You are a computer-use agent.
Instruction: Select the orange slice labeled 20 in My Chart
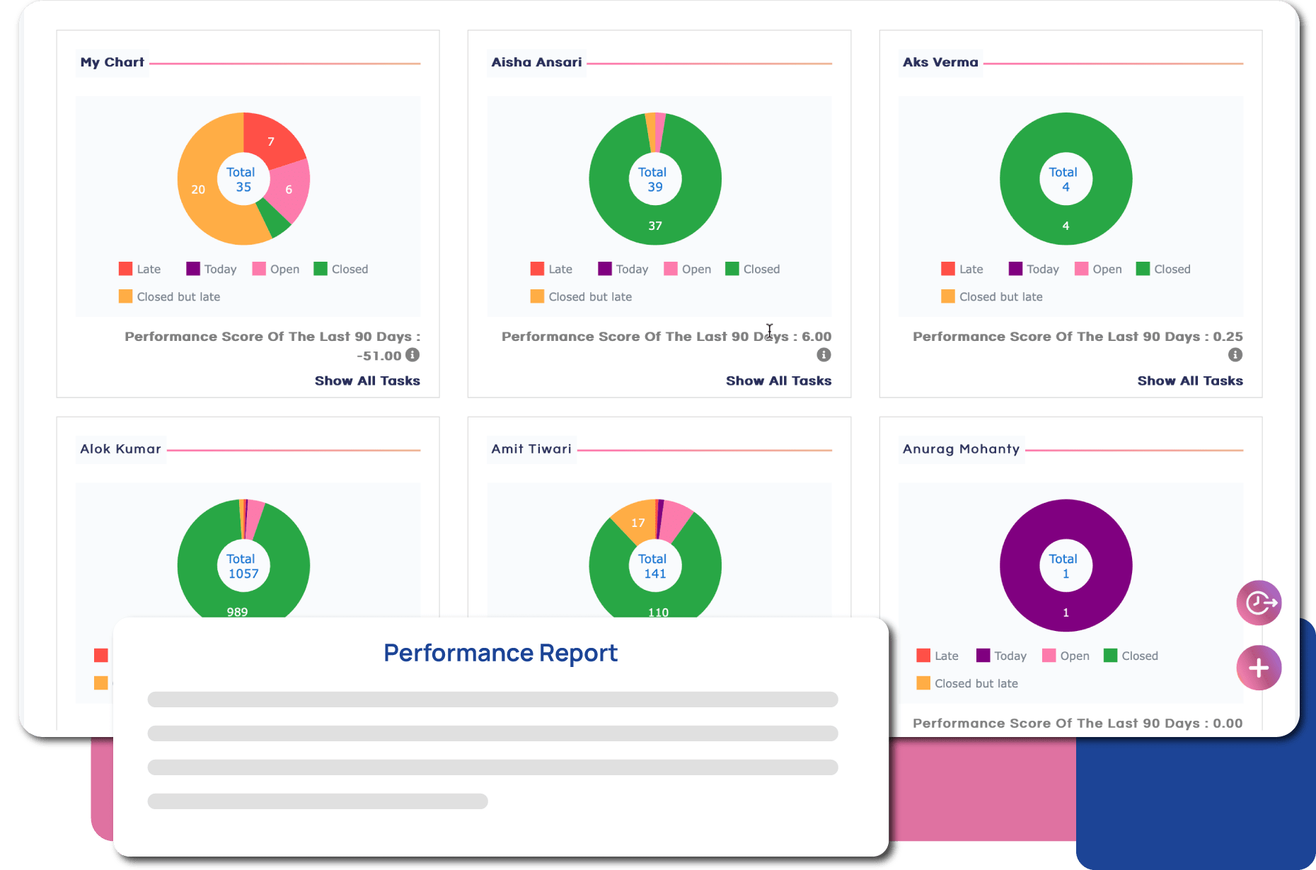pyautogui.click(x=199, y=189)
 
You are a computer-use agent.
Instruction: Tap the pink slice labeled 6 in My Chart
pyautogui.click(x=289, y=189)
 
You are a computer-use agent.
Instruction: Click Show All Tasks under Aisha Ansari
pyautogui.click(x=778, y=381)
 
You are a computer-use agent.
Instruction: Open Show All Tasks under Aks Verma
pyautogui.click(x=1189, y=381)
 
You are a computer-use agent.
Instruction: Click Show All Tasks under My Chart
pyautogui.click(x=367, y=381)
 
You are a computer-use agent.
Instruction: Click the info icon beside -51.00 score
pyautogui.click(x=412, y=355)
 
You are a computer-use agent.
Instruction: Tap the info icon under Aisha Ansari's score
pyautogui.click(x=824, y=355)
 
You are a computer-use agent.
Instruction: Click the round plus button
pyautogui.click(x=1258, y=668)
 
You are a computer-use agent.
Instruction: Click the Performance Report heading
pyautogui.click(x=500, y=653)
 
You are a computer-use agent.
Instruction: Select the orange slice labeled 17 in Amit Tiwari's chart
pyautogui.click(x=637, y=523)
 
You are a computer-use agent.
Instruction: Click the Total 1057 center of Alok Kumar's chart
pyautogui.click(x=243, y=566)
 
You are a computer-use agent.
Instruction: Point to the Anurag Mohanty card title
pyautogui.click(x=961, y=449)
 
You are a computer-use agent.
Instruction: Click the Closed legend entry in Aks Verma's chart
pyautogui.click(x=1163, y=269)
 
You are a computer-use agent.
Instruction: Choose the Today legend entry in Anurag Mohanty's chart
pyautogui.click(x=1001, y=656)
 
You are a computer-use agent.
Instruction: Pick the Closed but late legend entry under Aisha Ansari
pyautogui.click(x=581, y=297)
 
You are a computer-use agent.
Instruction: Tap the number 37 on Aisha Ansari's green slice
pyautogui.click(x=655, y=226)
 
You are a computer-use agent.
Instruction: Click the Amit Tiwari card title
pyautogui.click(x=531, y=449)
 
